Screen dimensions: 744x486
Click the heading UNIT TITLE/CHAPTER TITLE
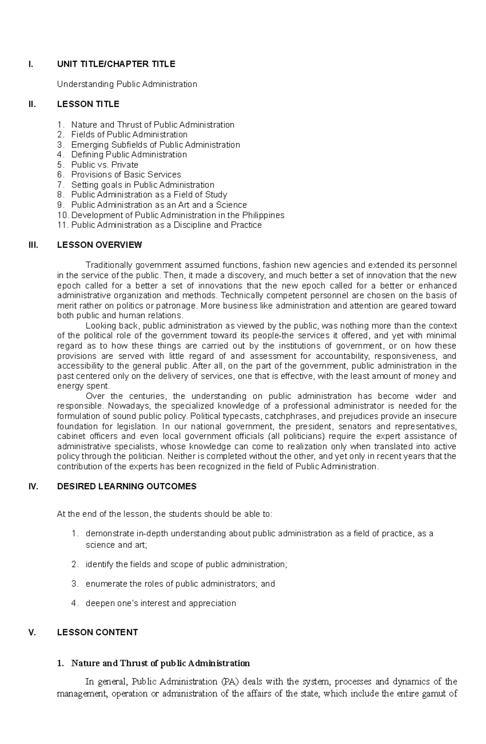116,64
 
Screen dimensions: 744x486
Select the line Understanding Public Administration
127,84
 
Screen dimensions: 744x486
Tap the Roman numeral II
32,104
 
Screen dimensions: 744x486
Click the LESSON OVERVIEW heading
99,245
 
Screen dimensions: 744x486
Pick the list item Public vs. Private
104,165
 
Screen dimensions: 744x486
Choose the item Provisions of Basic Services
126,174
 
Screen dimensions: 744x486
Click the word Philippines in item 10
264,215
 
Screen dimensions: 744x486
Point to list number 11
62,225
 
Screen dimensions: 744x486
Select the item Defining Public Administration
129,154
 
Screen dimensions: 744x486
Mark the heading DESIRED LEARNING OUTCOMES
127,486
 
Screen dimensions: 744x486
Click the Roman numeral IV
33,486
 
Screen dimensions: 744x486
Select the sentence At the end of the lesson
164,514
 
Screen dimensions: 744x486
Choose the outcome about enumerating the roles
180,584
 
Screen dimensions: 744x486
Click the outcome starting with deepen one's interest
160,603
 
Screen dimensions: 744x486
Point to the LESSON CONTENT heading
97,632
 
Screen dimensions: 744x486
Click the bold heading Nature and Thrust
160,664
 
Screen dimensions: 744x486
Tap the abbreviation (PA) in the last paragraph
231,682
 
